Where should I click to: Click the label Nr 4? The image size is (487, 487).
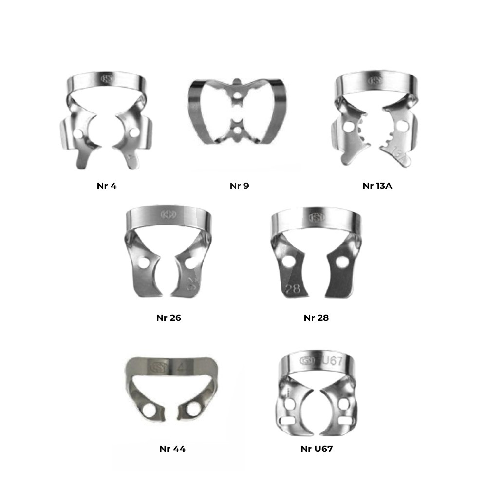coord(107,186)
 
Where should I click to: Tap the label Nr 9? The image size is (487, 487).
coord(239,186)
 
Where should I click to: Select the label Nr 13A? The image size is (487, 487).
coord(377,186)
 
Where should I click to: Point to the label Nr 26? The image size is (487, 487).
coord(169,318)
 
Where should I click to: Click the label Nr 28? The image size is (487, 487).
coord(316,318)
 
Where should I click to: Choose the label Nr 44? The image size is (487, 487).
coord(172,449)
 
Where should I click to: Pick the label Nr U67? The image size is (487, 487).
coord(317,449)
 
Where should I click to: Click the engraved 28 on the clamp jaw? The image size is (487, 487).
coord(293,289)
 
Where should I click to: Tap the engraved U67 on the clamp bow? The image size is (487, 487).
coord(332,360)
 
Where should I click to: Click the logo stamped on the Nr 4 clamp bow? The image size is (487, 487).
coord(108,78)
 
